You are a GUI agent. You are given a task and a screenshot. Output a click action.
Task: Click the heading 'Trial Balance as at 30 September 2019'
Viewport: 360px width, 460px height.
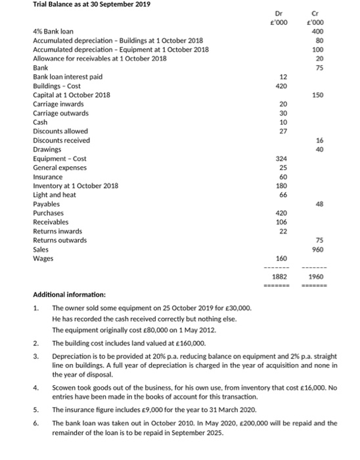click(91, 5)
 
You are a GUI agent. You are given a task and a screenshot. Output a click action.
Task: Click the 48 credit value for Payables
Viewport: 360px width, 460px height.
click(319, 204)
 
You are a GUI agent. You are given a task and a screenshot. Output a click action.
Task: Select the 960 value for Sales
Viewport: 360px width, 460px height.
click(318, 250)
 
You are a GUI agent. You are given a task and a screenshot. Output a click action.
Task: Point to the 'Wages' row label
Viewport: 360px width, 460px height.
click(43, 259)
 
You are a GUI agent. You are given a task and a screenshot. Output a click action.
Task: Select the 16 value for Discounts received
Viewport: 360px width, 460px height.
click(319, 141)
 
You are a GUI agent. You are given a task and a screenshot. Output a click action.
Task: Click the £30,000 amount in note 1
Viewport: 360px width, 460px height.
click(238, 308)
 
